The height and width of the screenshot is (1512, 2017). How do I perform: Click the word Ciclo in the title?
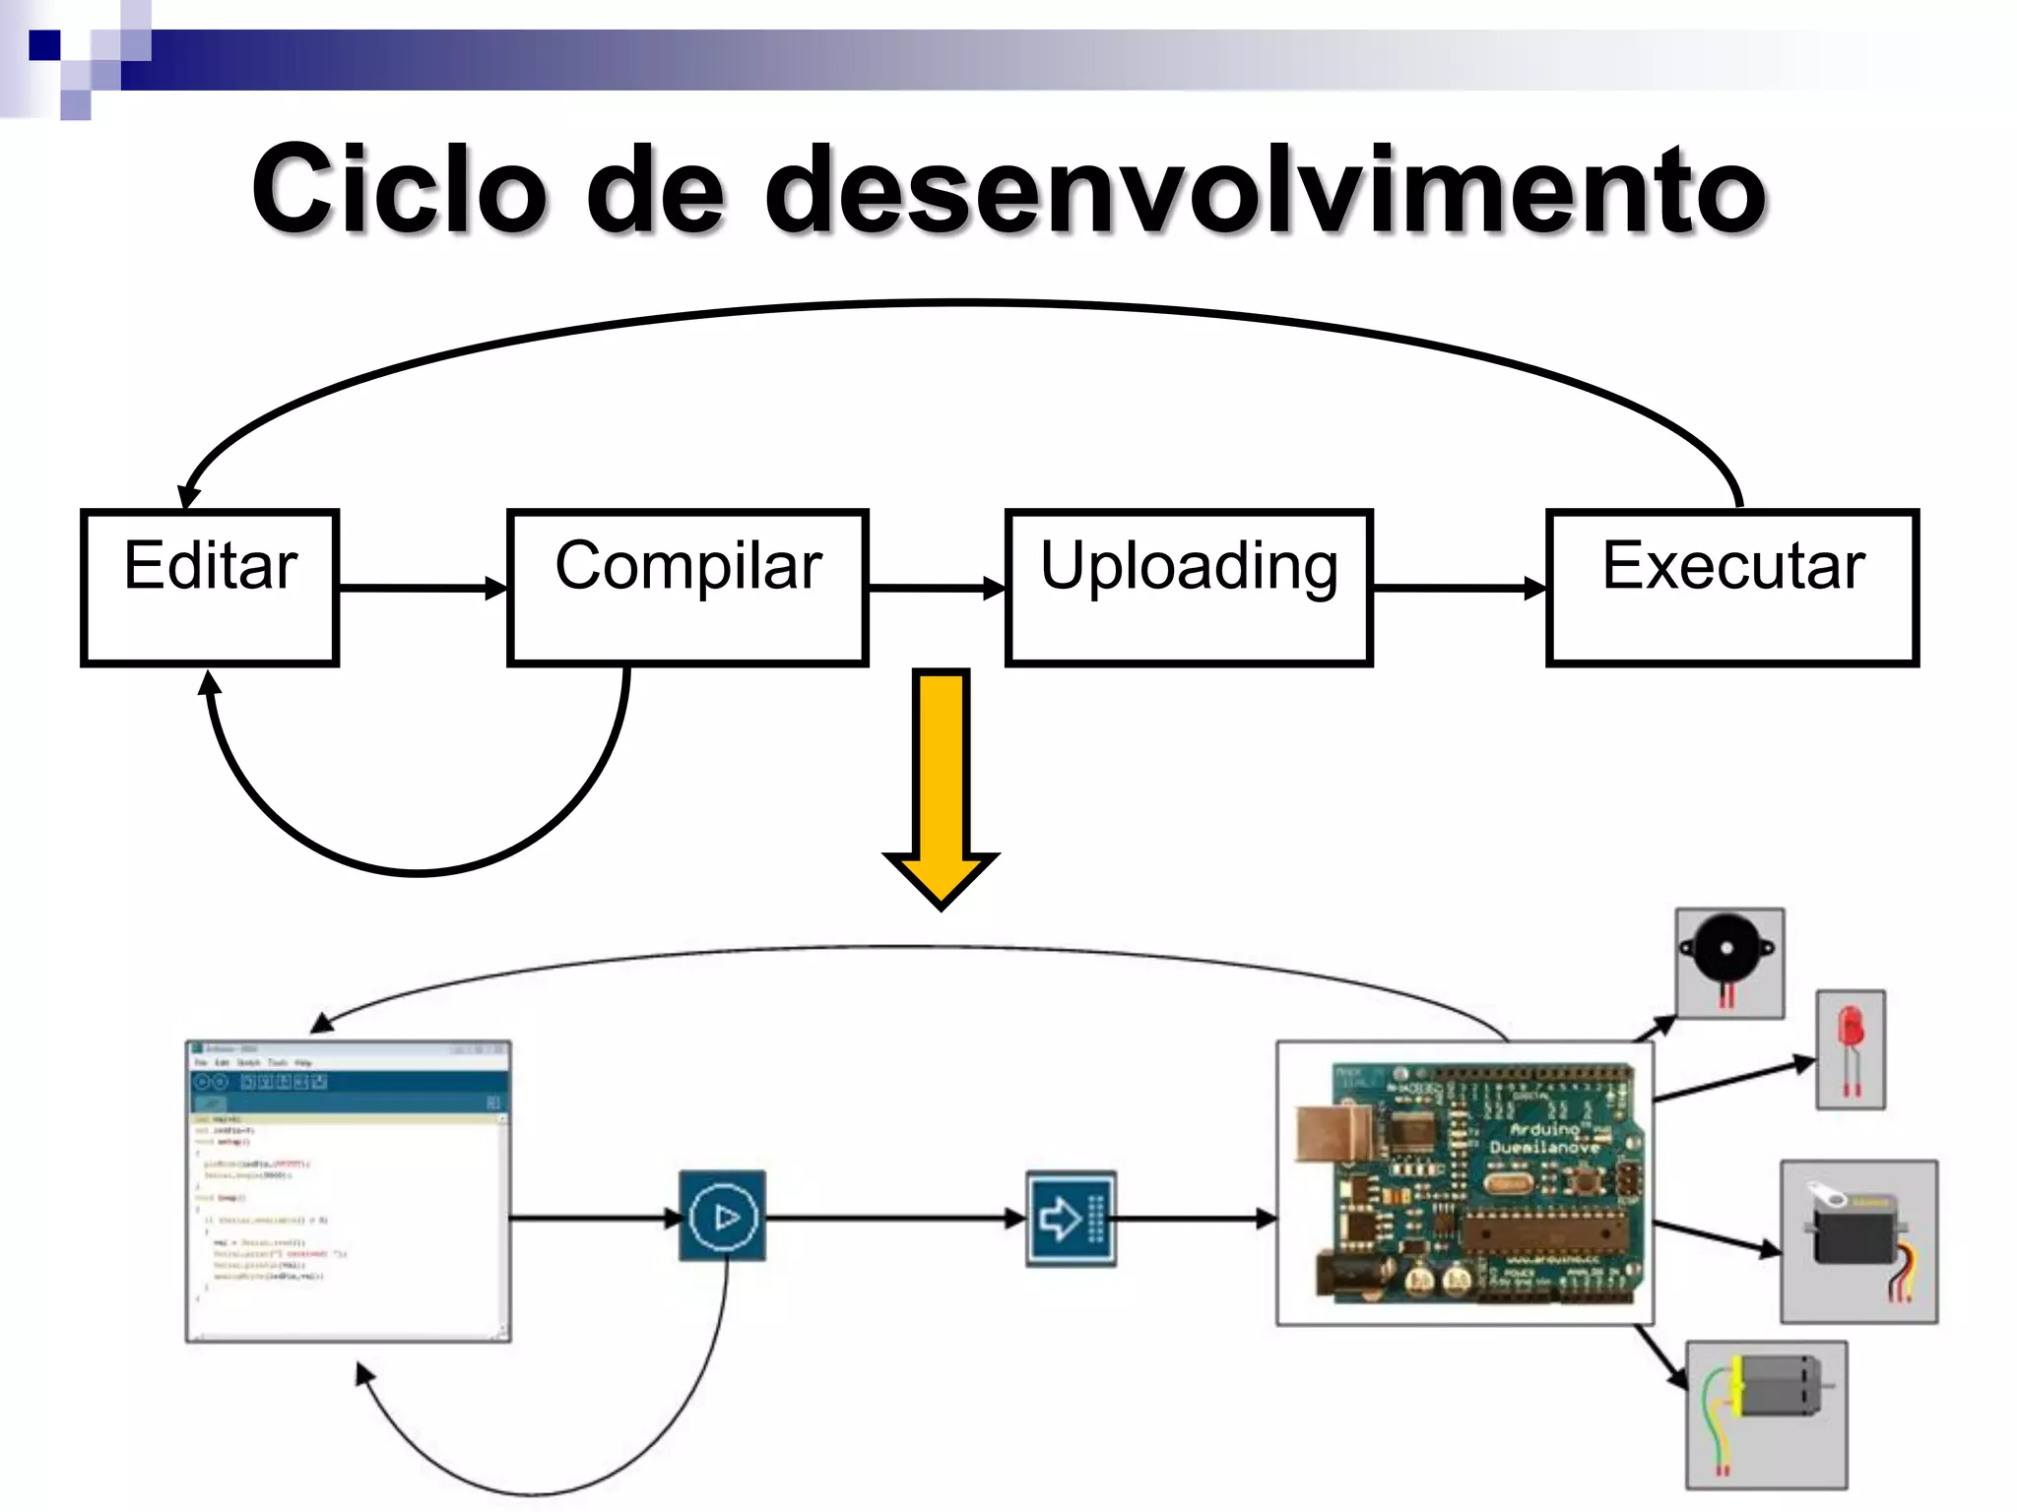click(399, 189)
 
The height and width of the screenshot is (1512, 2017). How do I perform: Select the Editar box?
click(210, 588)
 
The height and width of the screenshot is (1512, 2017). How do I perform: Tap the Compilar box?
click(687, 588)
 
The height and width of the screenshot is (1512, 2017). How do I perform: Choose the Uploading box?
click(1189, 588)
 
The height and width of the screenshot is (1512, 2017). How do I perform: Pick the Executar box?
click(1732, 588)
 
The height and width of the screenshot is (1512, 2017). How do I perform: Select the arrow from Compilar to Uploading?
click(936, 588)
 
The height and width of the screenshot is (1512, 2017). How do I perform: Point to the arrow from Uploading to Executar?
click(1459, 588)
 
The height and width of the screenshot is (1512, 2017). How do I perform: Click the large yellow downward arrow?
click(942, 787)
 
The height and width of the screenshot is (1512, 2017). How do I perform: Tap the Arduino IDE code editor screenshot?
click(349, 1191)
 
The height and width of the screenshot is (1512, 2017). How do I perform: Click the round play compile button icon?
click(723, 1217)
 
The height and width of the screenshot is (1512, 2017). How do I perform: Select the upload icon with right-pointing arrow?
click(1071, 1219)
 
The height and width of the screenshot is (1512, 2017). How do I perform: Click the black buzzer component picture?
click(1729, 961)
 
